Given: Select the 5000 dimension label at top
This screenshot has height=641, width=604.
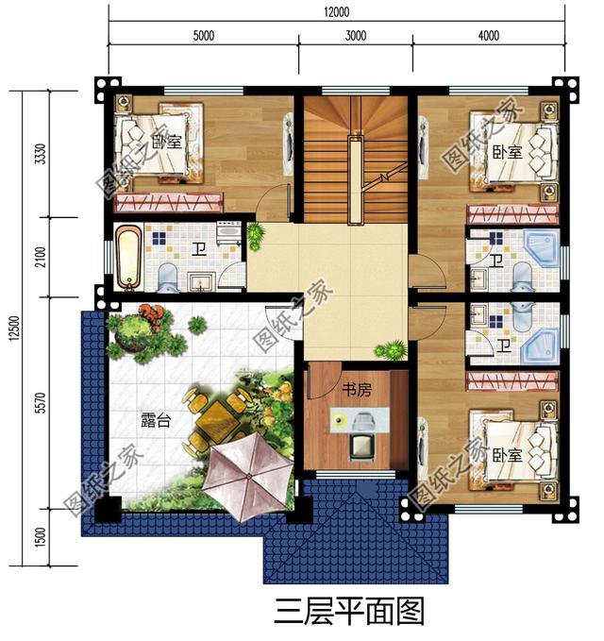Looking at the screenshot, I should [x=204, y=37].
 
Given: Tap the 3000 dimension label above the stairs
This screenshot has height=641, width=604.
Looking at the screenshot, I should [x=355, y=37].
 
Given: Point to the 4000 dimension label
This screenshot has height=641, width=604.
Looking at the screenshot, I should [x=488, y=37].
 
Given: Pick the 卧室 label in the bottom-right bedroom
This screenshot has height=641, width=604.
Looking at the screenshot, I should [x=507, y=455].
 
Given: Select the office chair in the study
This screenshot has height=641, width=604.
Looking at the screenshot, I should [x=360, y=446].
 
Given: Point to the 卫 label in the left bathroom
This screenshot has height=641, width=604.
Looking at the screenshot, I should [x=198, y=250].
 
